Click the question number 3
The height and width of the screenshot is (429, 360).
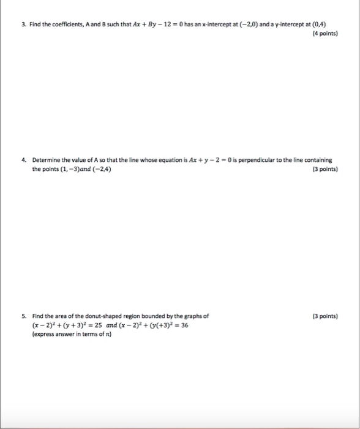23,25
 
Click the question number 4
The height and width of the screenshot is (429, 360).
23,160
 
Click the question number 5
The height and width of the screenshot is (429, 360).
23,316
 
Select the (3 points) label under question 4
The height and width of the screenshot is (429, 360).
324,170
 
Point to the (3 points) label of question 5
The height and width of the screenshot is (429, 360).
324,316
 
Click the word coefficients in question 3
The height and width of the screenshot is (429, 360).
64,25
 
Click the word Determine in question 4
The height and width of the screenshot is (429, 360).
47,160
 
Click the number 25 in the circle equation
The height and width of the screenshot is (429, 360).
97,326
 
